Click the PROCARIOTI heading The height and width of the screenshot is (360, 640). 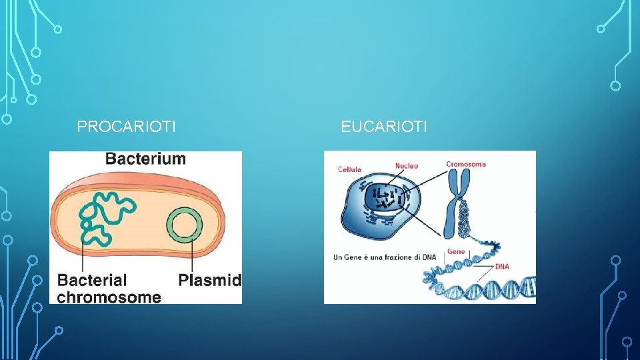coord(127,126)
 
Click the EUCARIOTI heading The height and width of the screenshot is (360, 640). coord(383,126)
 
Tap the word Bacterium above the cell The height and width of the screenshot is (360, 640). coord(145,159)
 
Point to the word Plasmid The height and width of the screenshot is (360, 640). coord(209,280)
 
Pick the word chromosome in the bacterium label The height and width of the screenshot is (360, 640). coord(109,297)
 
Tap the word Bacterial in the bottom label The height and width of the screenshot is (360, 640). coord(92,280)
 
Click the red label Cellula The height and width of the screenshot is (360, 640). coord(349,169)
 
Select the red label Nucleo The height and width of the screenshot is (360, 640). coord(407,165)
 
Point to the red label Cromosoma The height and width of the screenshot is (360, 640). coord(466,164)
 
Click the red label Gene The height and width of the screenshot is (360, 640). coord(456,251)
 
